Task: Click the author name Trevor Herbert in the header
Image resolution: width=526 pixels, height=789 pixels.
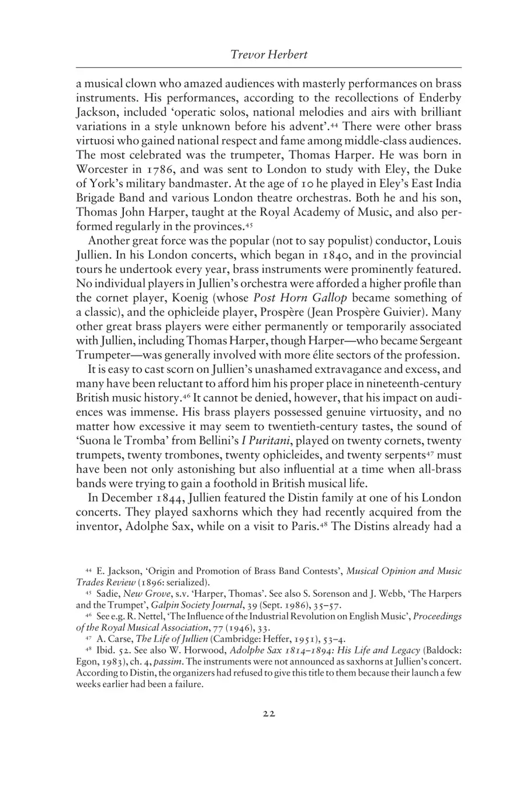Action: [x=269, y=56]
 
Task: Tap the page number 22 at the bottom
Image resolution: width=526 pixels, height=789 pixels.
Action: [x=269, y=713]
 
